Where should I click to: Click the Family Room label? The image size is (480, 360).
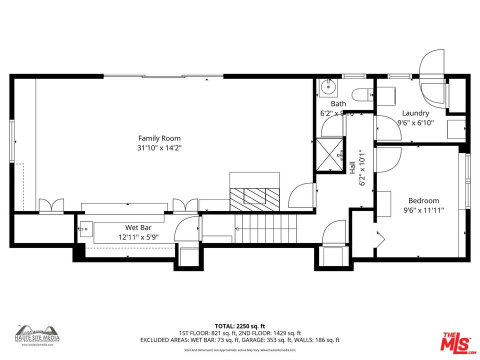click(x=159, y=138)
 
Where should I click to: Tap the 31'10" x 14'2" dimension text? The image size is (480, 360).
click(x=159, y=147)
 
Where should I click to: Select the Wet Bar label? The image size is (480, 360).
click(x=138, y=227)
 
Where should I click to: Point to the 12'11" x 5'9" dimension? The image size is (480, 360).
click(x=138, y=236)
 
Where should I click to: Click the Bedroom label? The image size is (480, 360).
click(x=423, y=201)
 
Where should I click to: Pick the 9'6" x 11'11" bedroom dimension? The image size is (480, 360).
click(x=423, y=210)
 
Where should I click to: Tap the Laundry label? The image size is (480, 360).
click(x=415, y=113)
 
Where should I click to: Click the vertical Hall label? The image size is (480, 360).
click(x=352, y=167)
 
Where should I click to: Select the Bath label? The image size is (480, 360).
click(x=338, y=104)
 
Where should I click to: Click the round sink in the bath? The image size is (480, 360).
click(x=328, y=88)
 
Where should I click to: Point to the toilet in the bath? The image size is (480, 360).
click(x=361, y=93)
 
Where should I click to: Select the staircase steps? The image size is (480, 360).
click(x=265, y=229)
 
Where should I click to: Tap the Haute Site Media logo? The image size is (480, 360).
click(x=37, y=333)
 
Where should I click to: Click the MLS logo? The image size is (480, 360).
click(x=455, y=341)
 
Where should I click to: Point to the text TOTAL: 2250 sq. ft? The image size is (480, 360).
click(x=239, y=325)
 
